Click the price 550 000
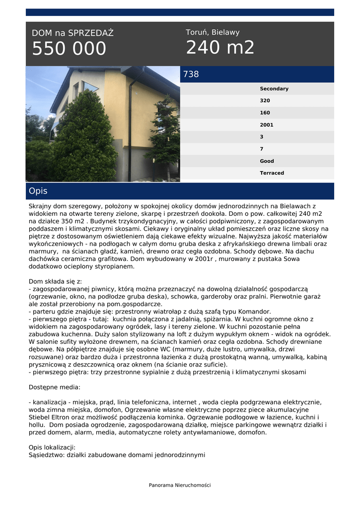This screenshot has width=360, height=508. [x=69, y=49]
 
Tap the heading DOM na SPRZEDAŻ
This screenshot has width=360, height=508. [x=72, y=33]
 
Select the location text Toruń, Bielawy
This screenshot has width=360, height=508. [x=213, y=32]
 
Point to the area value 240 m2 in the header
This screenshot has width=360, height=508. [x=220, y=48]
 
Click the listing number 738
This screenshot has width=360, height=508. [x=191, y=74]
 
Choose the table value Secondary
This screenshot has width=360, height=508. [x=274, y=89]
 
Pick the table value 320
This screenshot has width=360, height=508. [x=265, y=101]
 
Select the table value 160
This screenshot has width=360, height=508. [x=265, y=113]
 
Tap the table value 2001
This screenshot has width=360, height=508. [x=267, y=125]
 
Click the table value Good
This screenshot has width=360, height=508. [x=267, y=161]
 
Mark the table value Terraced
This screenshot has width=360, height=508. [x=272, y=173]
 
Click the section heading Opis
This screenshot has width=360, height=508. [x=38, y=191]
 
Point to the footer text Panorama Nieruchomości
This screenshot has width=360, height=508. [x=180, y=485]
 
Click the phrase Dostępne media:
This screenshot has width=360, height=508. [x=55, y=387]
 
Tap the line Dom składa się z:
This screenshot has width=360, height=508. [x=55, y=281]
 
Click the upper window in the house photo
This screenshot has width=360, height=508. [x=90, y=87]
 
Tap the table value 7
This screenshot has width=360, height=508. [x=262, y=149]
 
